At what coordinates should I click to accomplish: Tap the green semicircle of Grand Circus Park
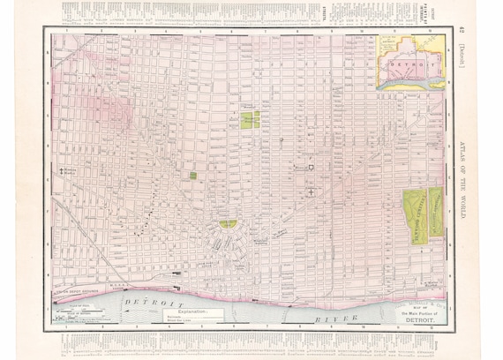(228, 223)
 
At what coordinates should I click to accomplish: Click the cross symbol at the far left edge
(62, 171)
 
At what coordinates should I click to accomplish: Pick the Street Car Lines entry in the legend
(180, 321)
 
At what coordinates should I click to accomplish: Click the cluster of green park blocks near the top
(251, 119)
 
